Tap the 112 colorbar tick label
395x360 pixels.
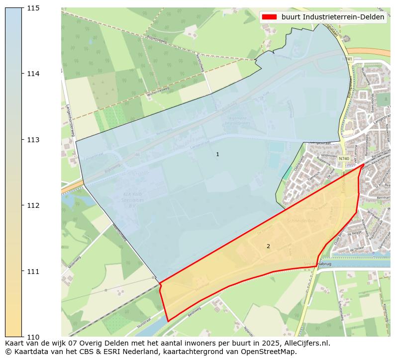click(33, 205)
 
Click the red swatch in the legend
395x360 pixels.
click(269, 17)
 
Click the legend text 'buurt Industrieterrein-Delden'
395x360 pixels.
click(332, 17)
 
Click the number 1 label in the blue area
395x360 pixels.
click(217, 155)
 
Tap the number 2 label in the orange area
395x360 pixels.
click(268, 246)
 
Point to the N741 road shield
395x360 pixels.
click(347, 59)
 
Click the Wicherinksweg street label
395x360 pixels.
click(159, 91)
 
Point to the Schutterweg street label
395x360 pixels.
click(340, 309)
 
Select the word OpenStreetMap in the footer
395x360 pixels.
click(272, 352)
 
